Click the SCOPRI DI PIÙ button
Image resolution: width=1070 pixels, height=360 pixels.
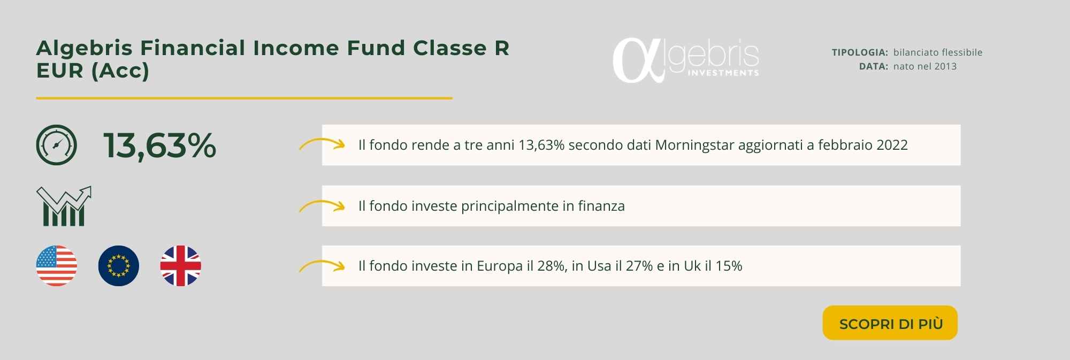click(890, 323)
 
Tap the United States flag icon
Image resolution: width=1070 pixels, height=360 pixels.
click(57, 266)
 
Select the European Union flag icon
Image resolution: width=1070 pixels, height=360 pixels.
click(119, 266)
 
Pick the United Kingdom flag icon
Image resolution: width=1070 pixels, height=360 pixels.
click(181, 266)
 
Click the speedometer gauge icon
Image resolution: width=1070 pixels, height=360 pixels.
click(57, 145)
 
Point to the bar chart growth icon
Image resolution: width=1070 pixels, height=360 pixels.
click(64, 206)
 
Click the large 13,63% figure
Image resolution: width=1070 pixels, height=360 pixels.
click(159, 145)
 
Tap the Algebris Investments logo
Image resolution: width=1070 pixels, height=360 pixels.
click(685, 60)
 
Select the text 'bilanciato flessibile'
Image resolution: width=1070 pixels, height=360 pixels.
click(938, 52)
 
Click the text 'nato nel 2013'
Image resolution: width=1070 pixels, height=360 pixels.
click(925, 66)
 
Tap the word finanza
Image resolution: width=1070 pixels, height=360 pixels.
click(601, 206)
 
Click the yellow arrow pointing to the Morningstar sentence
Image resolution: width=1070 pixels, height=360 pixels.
click(322, 144)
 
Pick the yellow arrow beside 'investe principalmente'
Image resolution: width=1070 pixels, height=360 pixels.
click(322, 205)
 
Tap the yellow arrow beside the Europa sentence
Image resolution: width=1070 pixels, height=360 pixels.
click(322, 265)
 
